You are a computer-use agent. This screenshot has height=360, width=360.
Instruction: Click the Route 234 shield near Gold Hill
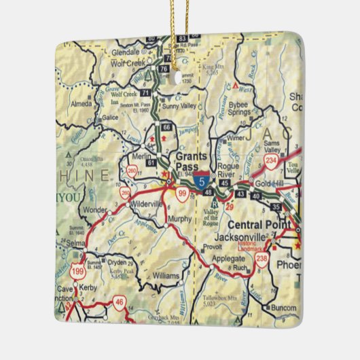point(271,161)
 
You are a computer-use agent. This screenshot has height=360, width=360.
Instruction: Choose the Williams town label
point(166,276)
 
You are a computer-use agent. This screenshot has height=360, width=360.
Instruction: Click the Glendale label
point(124,51)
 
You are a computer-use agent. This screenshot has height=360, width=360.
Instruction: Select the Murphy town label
point(180,220)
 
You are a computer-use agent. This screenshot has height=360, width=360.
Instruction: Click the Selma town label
point(62,242)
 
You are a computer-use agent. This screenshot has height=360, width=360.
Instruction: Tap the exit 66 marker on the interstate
point(167,127)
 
